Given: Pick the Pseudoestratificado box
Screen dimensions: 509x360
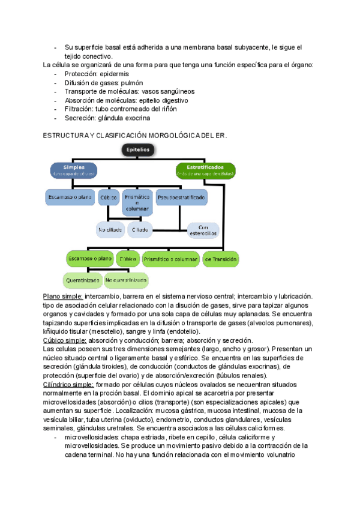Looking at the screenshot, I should [x=181, y=197].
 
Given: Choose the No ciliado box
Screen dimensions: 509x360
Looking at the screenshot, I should [x=110, y=230].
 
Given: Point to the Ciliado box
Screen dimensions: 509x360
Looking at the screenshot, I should [x=140, y=230].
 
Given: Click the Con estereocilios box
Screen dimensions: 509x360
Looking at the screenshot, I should [x=199, y=230].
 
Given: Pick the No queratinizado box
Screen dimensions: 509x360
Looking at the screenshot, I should [x=126, y=280].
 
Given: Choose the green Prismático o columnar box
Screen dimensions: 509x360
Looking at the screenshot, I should [x=171, y=259].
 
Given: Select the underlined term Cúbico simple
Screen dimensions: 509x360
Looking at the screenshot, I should [x=65, y=340].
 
